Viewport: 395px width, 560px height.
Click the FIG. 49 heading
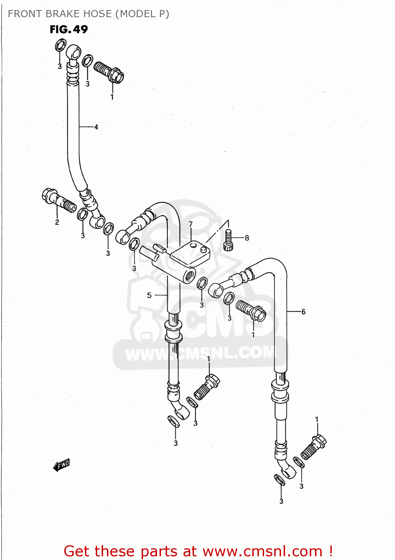coord(69,29)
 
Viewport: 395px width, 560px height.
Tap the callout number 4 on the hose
coord(96,127)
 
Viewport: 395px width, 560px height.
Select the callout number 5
coord(149,295)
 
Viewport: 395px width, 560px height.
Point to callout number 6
coord(303,311)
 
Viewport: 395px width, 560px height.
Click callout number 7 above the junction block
coord(191,224)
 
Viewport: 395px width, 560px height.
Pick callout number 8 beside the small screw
coord(247,238)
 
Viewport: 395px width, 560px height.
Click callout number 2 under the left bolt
coord(57,222)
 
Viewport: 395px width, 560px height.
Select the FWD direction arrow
coord(62,465)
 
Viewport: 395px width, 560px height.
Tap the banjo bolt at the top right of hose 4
coord(109,72)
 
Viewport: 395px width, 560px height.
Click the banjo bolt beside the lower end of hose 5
coord(207,387)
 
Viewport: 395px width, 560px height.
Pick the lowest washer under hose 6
coord(280,480)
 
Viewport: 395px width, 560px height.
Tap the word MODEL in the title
coord(136,14)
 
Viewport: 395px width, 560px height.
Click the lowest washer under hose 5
coord(173,421)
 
